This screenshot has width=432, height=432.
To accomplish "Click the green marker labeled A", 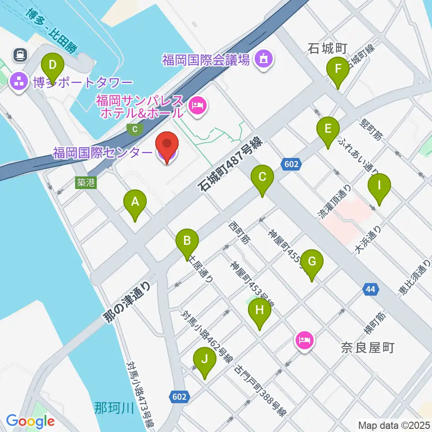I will point(135,202).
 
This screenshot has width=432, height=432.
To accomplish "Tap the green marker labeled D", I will point(53,66).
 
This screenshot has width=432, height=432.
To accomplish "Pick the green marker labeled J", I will point(205,360).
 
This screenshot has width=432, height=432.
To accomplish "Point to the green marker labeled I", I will point(379,185).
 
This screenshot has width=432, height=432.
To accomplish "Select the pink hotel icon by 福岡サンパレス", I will point(198,106).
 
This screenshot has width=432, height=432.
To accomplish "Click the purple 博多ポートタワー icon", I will point(19,82).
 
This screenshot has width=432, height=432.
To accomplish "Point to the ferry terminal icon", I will point(20,55).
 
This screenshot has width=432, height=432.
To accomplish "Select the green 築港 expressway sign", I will point(85,182).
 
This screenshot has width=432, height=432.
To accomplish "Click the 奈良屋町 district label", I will point(367,347).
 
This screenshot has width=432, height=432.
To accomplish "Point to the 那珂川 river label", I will point(115,409).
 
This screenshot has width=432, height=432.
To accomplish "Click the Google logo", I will point(31,421).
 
